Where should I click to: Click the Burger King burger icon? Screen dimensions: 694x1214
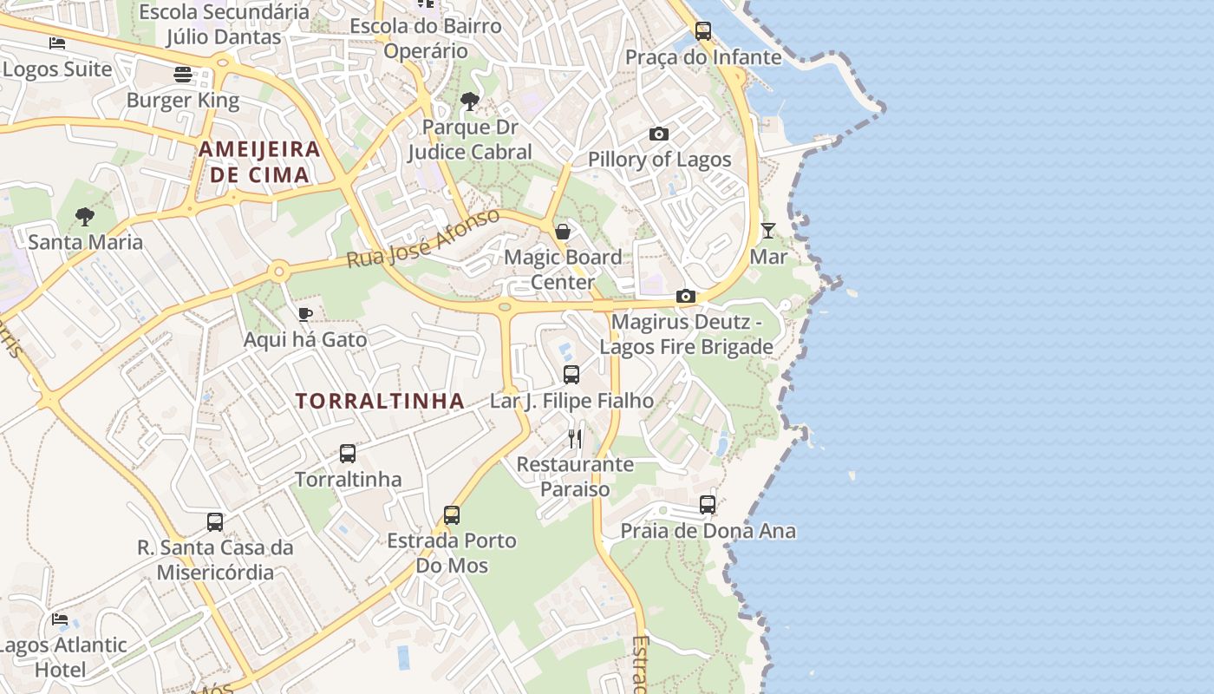click(x=182, y=75)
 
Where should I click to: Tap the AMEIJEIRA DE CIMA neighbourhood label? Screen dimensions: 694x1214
click(x=259, y=161)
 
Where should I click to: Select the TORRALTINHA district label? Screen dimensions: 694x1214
click(x=380, y=401)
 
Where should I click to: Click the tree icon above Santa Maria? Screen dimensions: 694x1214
click(x=85, y=216)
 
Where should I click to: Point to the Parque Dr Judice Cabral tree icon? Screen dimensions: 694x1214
click(x=470, y=101)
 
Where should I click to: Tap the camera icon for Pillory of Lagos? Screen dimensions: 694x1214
click(x=659, y=134)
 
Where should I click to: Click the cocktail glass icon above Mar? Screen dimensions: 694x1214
click(x=768, y=230)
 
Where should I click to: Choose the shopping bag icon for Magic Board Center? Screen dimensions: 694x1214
click(x=563, y=231)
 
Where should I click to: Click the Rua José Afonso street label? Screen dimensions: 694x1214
click(x=423, y=238)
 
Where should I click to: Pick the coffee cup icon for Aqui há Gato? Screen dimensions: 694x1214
click(x=304, y=314)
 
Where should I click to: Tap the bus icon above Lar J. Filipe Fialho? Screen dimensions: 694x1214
click(x=571, y=375)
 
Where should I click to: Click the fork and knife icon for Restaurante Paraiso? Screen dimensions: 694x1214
click(x=575, y=438)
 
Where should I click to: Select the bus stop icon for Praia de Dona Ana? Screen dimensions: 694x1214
click(x=708, y=504)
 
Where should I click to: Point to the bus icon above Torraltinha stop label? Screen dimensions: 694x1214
click(x=348, y=453)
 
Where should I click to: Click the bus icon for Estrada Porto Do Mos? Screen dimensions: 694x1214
click(x=452, y=514)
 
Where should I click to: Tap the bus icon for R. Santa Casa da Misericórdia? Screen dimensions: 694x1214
click(x=215, y=521)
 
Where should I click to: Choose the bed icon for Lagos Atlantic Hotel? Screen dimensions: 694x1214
click(x=60, y=619)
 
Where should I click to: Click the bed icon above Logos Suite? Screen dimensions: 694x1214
click(x=57, y=43)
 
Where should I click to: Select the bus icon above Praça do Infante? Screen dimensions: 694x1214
click(x=703, y=31)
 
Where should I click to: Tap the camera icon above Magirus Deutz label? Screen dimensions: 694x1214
click(x=686, y=297)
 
